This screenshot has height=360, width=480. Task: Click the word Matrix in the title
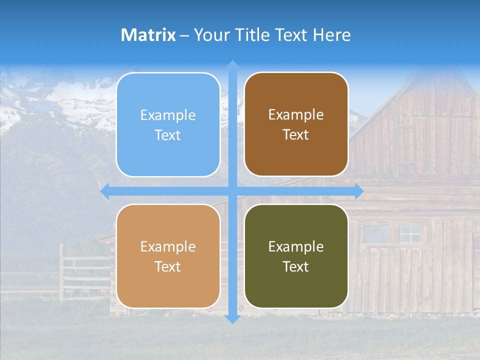(x=148, y=35)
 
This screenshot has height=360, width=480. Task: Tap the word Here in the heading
(x=331, y=35)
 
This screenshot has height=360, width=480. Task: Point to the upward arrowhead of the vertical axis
(x=232, y=65)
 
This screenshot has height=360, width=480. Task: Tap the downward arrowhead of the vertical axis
(x=232, y=318)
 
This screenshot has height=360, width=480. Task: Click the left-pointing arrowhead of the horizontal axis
(x=105, y=191)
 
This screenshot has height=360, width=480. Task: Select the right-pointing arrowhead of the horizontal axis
(x=358, y=191)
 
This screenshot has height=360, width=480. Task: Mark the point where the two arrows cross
(x=232, y=191)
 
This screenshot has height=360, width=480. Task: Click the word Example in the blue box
(x=168, y=115)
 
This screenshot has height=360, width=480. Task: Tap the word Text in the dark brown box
(x=296, y=135)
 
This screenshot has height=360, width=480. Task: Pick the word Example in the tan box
(x=168, y=247)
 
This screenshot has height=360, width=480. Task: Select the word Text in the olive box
(x=296, y=266)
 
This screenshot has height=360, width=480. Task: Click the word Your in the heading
(x=209, y=35)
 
